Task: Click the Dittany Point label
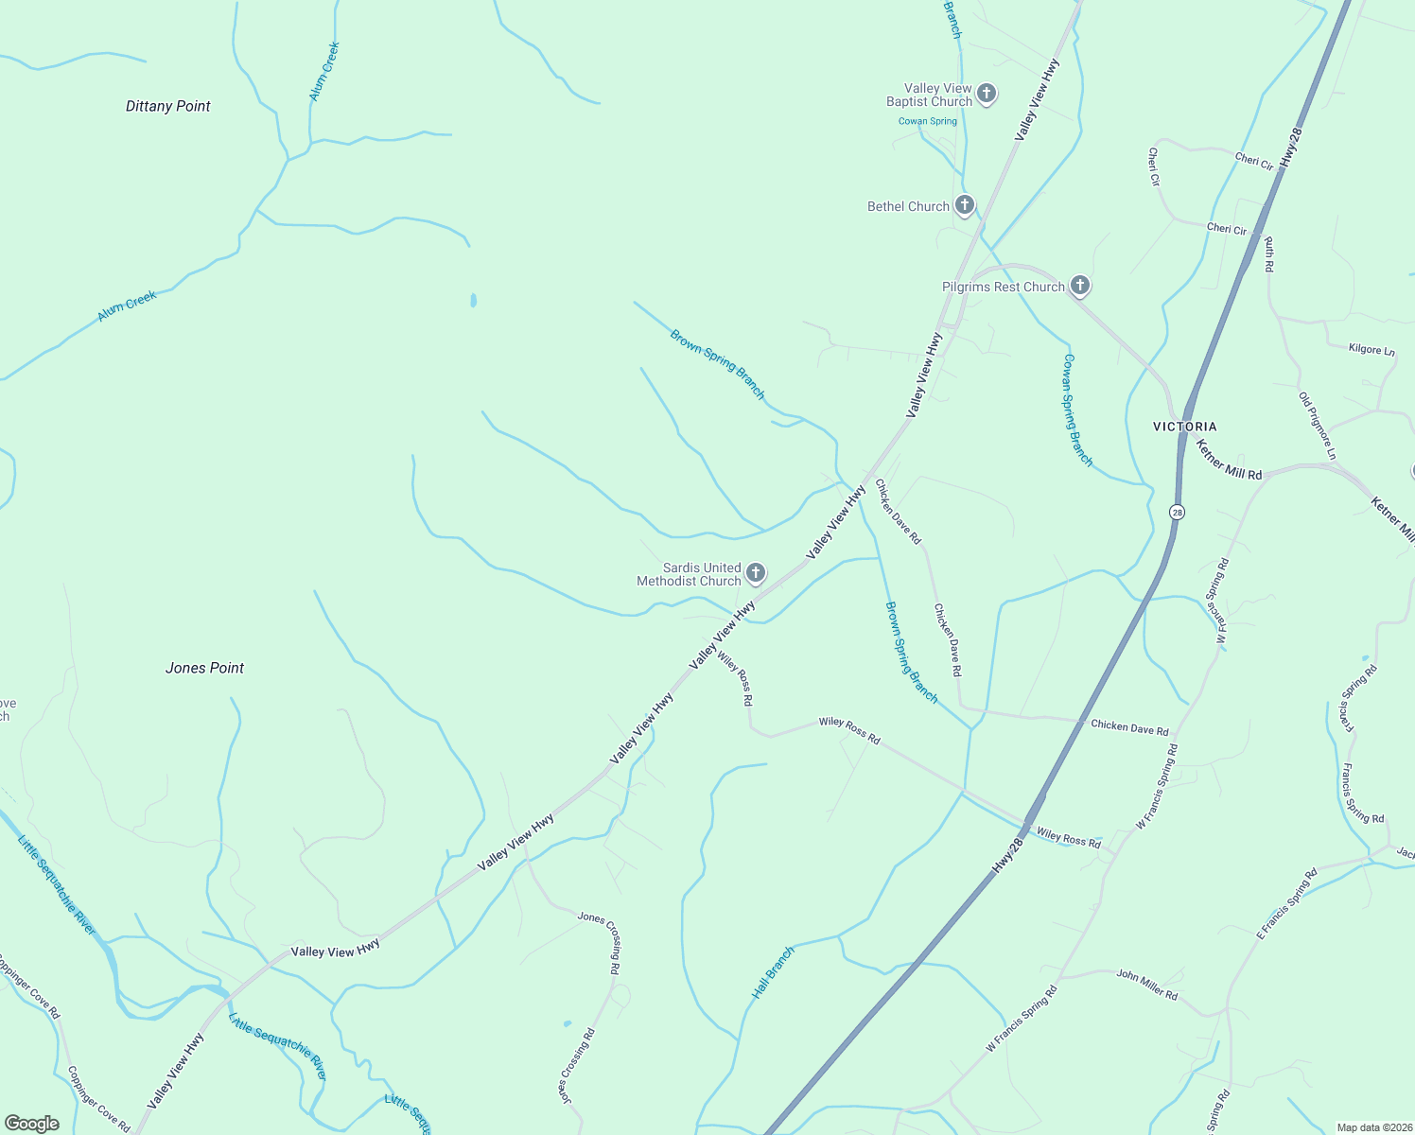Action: click(x=168, y=106)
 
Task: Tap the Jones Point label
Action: click(x=204, y=668)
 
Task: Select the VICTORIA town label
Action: click(x=1184, y=427)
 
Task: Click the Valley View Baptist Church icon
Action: click(x=987, y=94)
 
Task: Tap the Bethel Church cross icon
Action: click(x=964, y=205)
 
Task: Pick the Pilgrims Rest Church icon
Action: click(x=1079, y=286)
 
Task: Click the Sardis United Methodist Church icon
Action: click(x=755, y=572)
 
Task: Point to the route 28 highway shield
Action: click(x=1177, y=512)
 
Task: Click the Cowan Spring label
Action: click(x=927, y=121)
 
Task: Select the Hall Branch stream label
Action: click(x=773, y=972)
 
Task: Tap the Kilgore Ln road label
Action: click(x=1371, y=350)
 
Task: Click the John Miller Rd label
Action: click(x=1146, y=984)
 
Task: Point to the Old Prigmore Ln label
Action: click(x=1317, y=426)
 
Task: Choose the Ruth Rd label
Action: click(x=1268, y=253)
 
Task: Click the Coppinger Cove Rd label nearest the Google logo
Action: click(x=98, y=1099)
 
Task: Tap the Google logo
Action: click(x=32, y=1123)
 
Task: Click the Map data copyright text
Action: click(x=1372, y=1127)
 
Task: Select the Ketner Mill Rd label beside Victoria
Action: click(x=1228, y=460)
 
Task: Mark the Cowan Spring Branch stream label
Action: click(x=1077, y=410)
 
